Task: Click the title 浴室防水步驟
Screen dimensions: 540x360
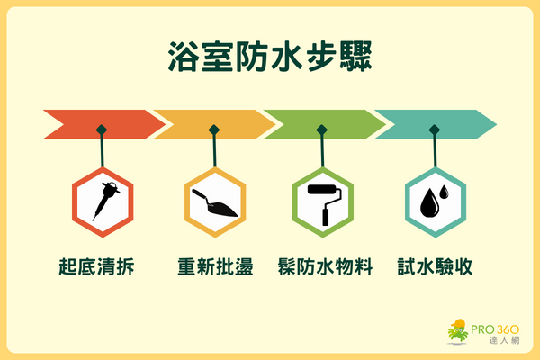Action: click(269, 55)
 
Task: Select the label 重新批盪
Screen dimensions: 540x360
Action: click(215, 267)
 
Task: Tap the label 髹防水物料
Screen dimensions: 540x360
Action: click(324, 267)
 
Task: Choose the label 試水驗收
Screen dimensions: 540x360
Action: click(435, 267)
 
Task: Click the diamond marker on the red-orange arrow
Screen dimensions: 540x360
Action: click(103, 129)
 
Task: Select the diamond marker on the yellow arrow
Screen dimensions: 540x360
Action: click(213, 129)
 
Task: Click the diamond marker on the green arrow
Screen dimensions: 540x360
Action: click(323, 129)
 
